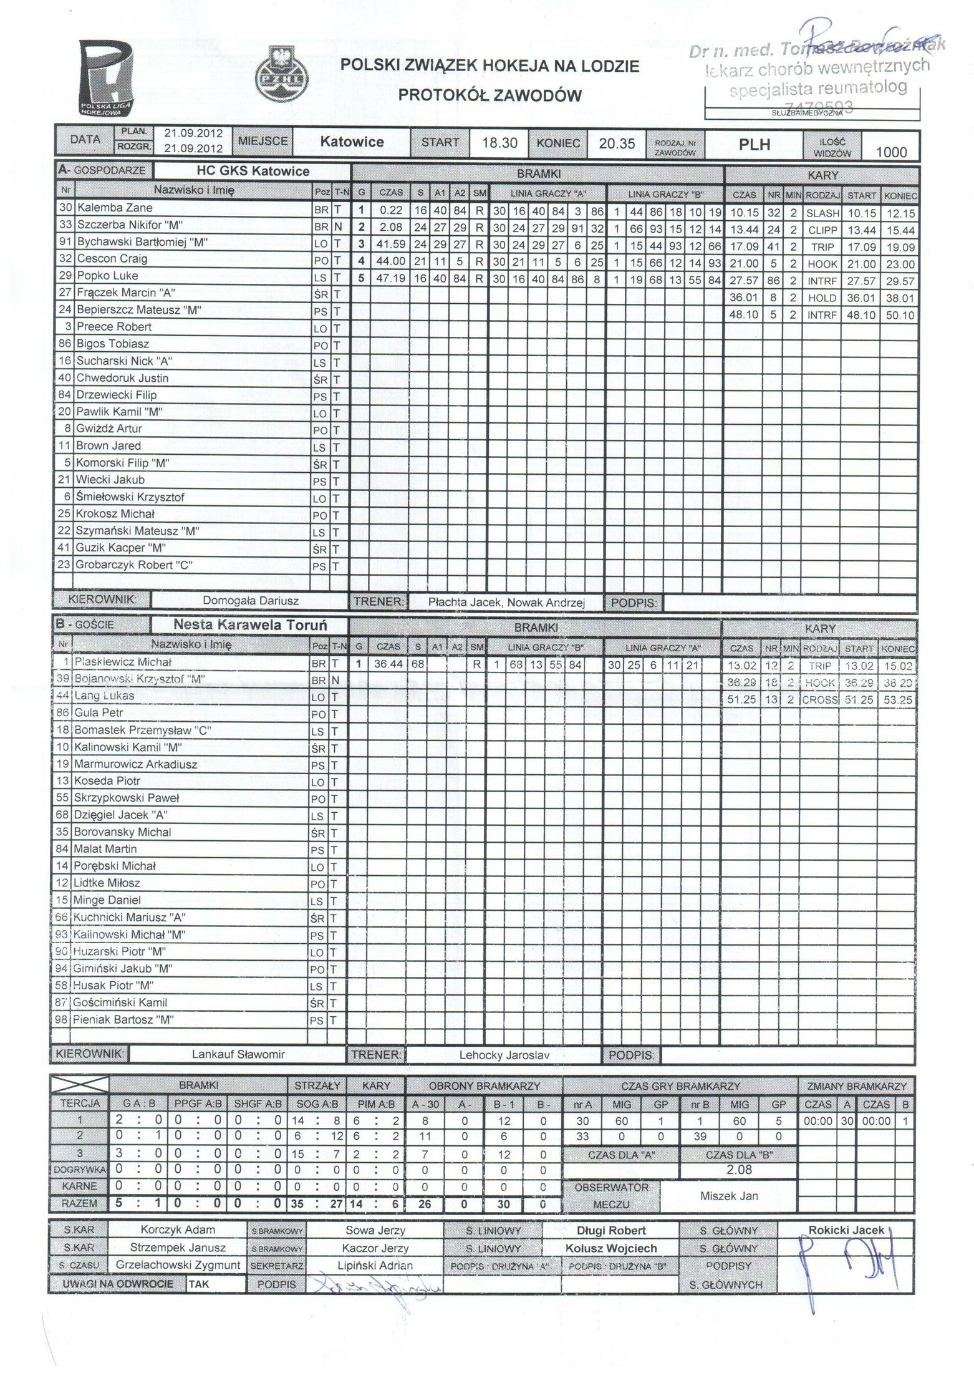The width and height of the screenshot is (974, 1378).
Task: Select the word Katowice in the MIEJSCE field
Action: coord(352,142)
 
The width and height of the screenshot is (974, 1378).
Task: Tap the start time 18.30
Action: coord(499,143)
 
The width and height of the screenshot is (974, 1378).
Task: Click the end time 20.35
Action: coord(616,143)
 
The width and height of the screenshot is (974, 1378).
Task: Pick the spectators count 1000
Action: coord(891,152)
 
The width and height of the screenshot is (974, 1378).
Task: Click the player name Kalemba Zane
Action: coord(114,208)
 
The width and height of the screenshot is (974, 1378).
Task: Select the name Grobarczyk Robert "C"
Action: coord(134,565)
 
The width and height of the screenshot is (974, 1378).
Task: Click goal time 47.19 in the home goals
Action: coord(390,279)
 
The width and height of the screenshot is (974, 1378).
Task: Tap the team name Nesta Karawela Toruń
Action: coord(250,625)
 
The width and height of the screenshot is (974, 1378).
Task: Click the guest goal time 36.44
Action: coord(388,665)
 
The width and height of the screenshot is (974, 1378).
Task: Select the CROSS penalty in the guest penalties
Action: coord(820,700)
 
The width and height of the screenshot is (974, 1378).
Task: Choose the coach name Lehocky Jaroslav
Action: coord(504,1055)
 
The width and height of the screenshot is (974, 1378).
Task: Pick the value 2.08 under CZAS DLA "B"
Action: coord(739,1170)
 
